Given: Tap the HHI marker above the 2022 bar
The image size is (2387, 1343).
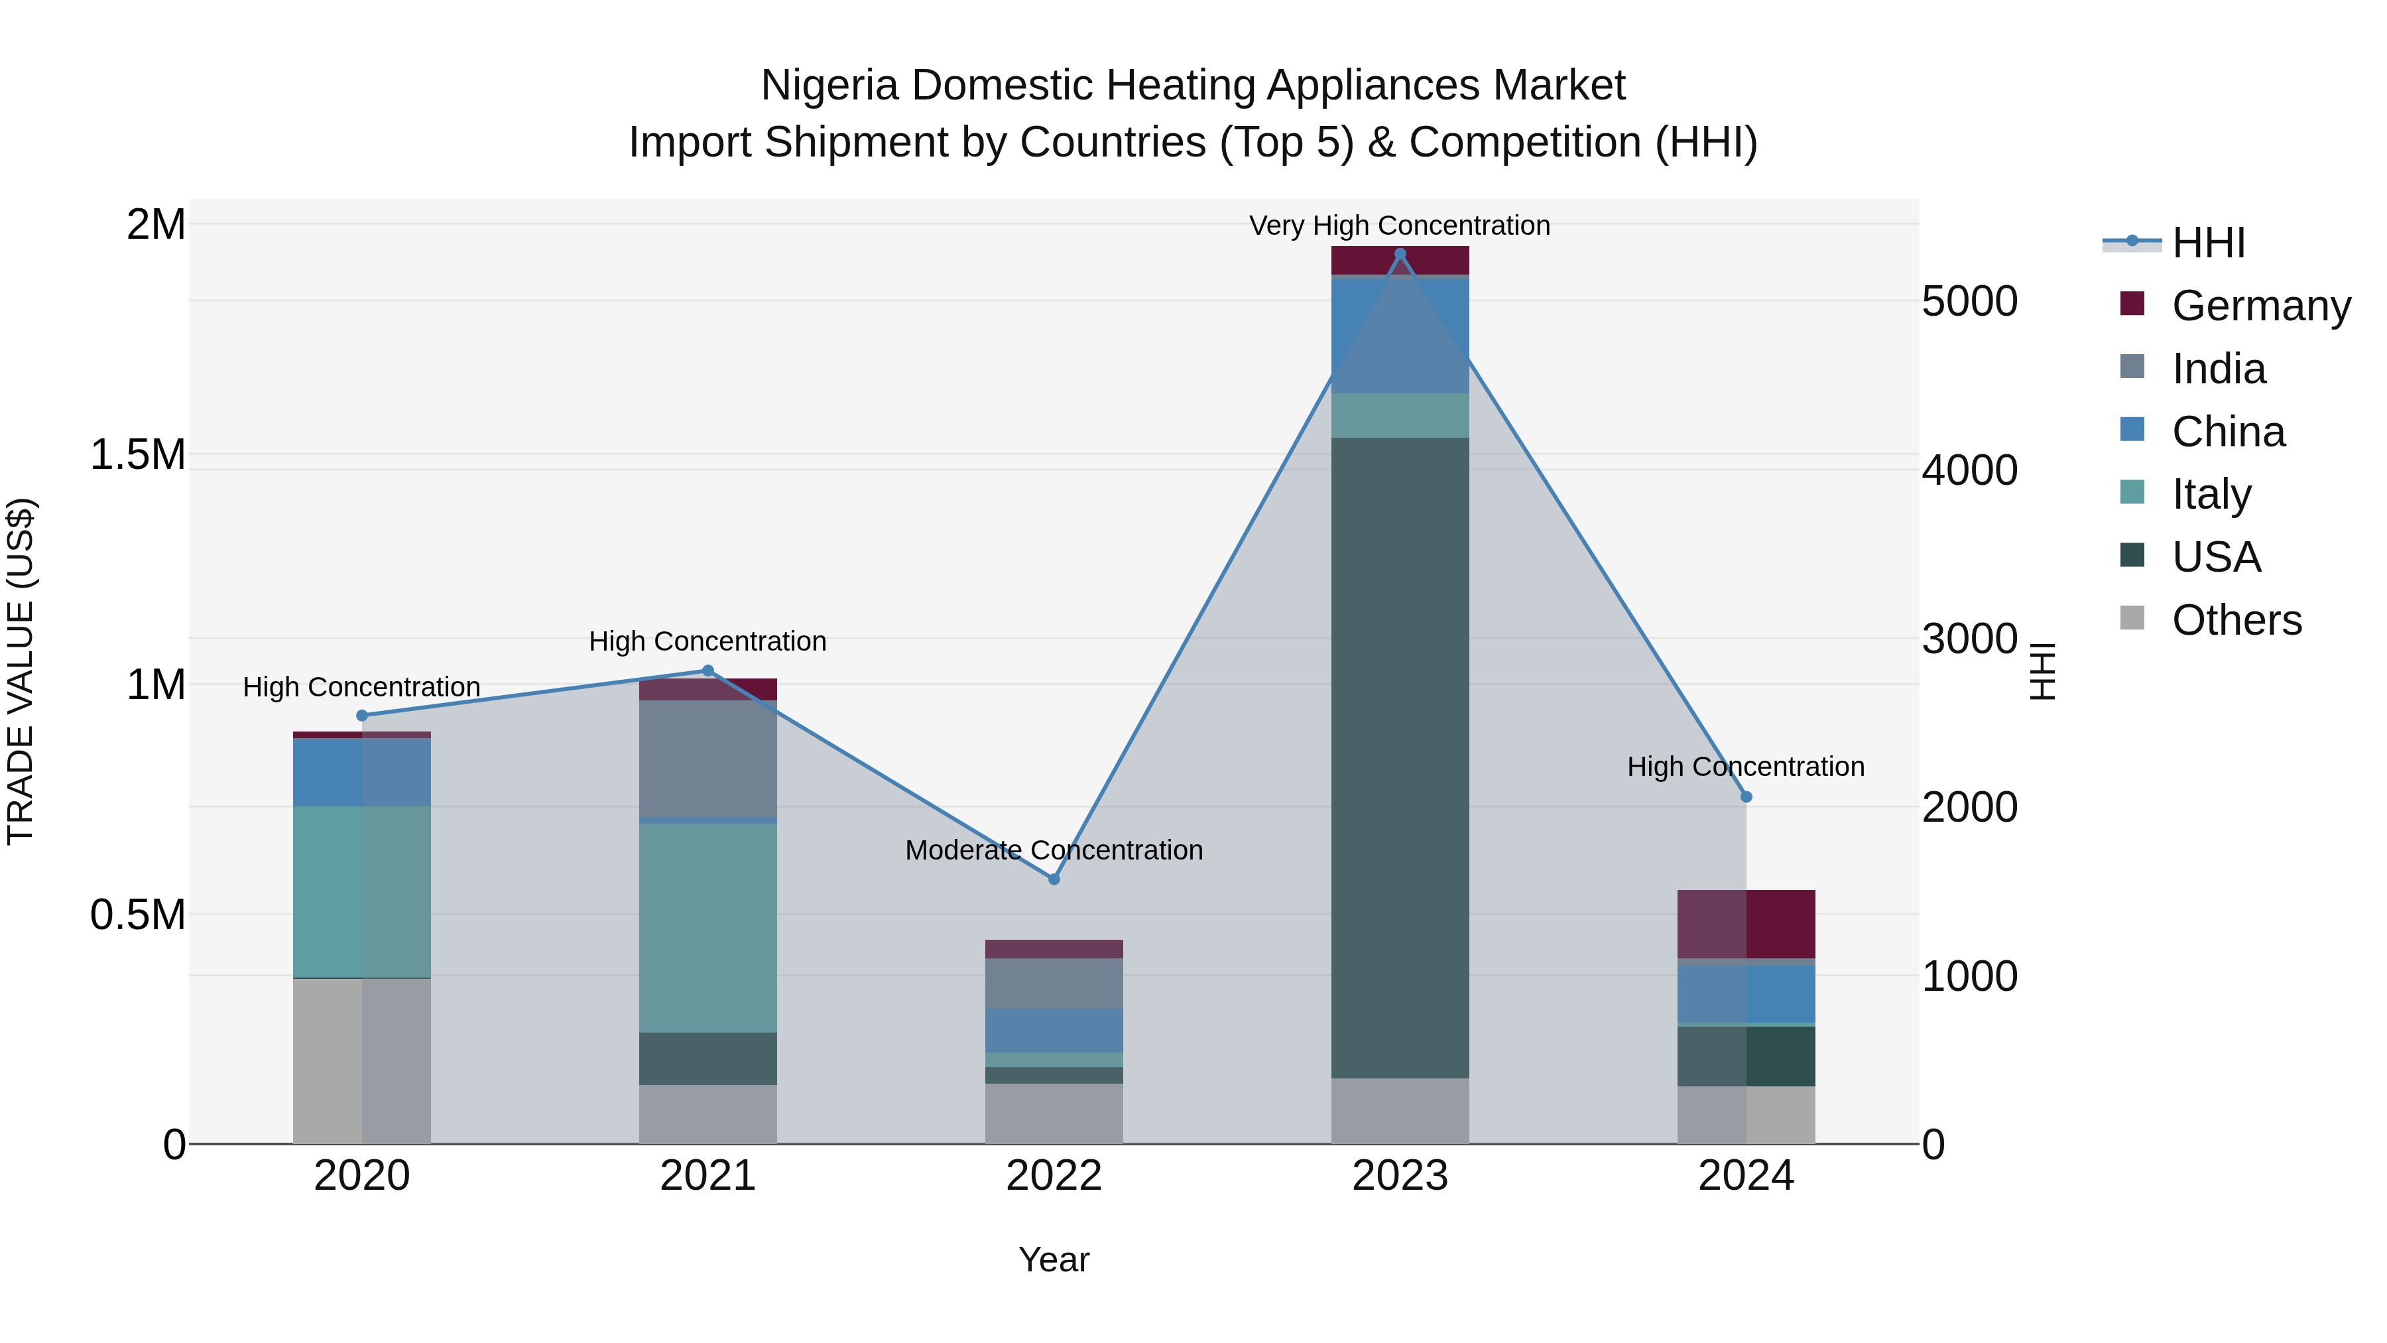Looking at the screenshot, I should click(x=1054, y=879).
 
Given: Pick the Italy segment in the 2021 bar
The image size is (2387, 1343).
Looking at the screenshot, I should click(x=708, y=927).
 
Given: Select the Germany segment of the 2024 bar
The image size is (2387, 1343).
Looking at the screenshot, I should click(x=1746, y=924).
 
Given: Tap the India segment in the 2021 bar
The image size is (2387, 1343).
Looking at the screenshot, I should click(x=708, y=758).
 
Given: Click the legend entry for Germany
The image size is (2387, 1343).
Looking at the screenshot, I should click(x=2260, y=306).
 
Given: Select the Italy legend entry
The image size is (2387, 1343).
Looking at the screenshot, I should click(x=2211, y=494).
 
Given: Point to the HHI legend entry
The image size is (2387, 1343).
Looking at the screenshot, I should click(x=2207, y=243).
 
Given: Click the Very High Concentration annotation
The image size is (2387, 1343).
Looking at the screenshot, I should click(x=1399, y=225).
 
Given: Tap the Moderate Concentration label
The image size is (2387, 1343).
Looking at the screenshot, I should click(x=1054, y=850).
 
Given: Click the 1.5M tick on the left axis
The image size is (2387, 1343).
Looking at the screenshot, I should click(x=137, y=455).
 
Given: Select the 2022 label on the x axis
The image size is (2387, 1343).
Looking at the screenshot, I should click(x=1054, y=1176).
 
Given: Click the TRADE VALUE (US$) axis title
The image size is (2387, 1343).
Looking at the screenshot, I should click(x=21, y=671).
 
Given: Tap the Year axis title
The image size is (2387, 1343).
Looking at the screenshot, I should click(x=1054, y=1259).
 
